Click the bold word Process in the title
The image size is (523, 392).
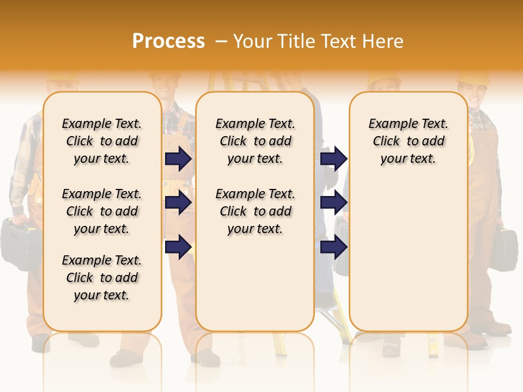point(168,41)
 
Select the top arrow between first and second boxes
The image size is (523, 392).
point(178,158)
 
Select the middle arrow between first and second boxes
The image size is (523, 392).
point(178,203)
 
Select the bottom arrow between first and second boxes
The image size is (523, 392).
point(178,247)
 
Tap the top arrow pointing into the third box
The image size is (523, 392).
point(333,158)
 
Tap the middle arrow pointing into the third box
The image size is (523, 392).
point(333,203)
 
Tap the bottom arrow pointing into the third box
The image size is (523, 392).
point(333,247)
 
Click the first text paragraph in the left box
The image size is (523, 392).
point(102,141)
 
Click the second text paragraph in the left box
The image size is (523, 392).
point(102,211)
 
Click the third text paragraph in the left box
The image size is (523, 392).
point(102,278)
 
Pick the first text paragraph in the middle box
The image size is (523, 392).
point(255,141)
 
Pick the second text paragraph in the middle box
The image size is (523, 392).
point(255,211)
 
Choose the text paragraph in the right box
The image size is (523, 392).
point(408,141)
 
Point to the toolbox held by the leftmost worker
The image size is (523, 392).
point(19,242)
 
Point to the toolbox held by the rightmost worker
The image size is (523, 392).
point(504,250)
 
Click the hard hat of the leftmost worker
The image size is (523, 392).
point(62,77)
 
